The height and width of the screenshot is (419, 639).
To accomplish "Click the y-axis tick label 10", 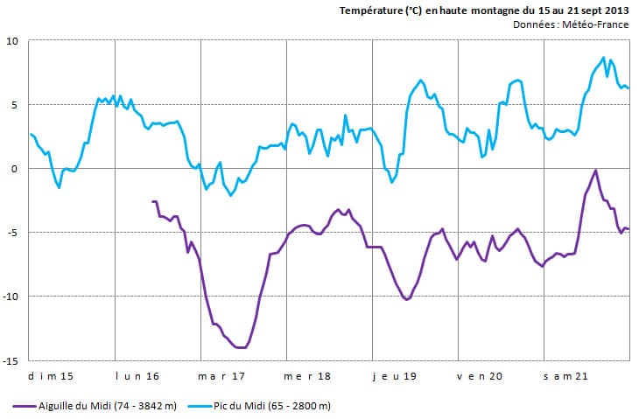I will [x=12, y=41].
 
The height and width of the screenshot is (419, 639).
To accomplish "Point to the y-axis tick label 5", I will [x=15, y=105].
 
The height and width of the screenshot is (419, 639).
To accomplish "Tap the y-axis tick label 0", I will [x=15, y=169].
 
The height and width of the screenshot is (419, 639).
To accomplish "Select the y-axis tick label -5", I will [x=13, y=233].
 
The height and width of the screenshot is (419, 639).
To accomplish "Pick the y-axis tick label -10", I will [x=11, y=297].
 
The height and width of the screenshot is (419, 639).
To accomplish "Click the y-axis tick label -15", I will [x=11, y=360].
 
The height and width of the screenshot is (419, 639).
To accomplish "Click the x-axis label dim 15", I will [x=52, y=376].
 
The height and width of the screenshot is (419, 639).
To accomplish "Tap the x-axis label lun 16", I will [x=137, y=376].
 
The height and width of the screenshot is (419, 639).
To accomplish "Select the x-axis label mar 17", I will [x=222, y=376].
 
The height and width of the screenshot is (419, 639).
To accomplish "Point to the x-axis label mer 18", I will [x=308, y=376].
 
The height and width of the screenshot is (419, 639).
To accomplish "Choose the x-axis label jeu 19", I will [x=395, y=376].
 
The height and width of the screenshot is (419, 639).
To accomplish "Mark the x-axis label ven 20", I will [x=480, y=376].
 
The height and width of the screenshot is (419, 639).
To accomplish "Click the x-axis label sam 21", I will [x=565, y=376].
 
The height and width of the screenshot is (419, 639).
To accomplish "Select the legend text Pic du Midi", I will [x=263, y=406].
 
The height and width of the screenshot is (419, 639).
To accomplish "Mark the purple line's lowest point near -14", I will [x=240, y=347].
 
